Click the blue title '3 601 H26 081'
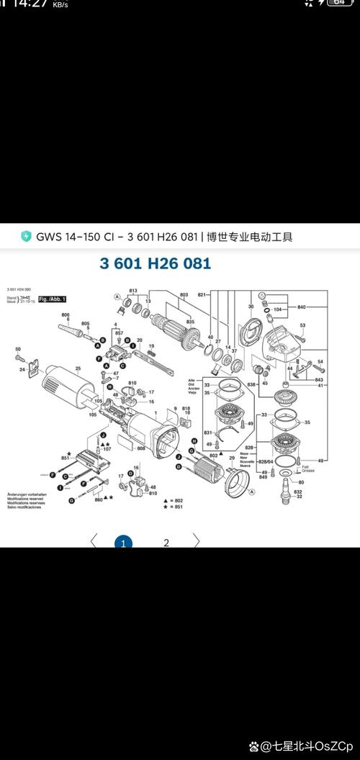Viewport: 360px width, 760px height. pyautogui.click(x=155, y=263)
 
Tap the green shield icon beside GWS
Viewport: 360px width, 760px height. pyautogui.click(x=26, y=237)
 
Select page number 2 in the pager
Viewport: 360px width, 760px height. pyautogui.click(x=166, y=543)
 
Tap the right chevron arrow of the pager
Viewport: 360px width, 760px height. pyautogui.click(x=196, y=540)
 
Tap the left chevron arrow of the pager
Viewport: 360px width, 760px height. pyautogui.click(x=92, y=540)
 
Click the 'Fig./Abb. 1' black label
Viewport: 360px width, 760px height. pyautogui.click(x=53, y=298)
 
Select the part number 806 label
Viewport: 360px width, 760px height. pyautogui.click(x=66, y=315)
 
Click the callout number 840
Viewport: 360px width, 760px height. pyautogui.click(x=301, y=307)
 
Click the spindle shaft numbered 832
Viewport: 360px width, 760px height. pyautogui.click(x=299, y=489)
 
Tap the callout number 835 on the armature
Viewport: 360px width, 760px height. pyautogui.click(x=190, y=322)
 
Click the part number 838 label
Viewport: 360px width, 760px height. pyautogui.click(x=251, y=385)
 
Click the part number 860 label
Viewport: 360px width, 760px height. pyautogui.click(x=99, y=499)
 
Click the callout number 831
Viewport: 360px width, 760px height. pyautogui.click(x=207, y=432)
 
